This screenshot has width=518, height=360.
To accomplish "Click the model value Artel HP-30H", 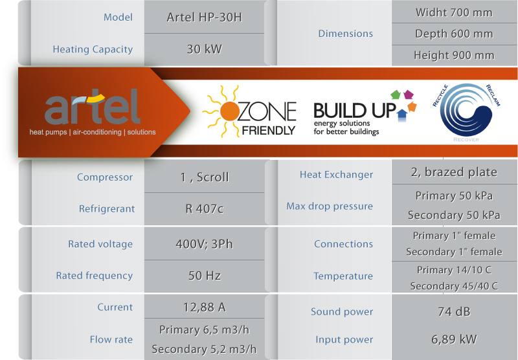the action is click(204, 17).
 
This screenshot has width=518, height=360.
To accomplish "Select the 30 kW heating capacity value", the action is click(204, 49).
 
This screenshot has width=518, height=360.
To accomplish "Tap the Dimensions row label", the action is click(346, 34).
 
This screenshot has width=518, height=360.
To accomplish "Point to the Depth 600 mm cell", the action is click(454, 34).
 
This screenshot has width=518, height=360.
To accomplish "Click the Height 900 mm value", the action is click(454, 55).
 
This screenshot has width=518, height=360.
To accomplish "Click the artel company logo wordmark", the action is click(93, 107).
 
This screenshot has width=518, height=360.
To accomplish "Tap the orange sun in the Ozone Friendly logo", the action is click(229, 111).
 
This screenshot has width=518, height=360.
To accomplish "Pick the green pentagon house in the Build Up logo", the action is click(396, 95).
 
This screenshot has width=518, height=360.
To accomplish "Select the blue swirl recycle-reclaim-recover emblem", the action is click(466, 110).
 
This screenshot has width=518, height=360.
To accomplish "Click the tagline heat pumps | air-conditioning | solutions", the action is click(93, 132).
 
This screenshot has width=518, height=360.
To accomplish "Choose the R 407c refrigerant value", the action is click(204, 208).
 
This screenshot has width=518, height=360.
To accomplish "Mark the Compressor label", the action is click(105, 177).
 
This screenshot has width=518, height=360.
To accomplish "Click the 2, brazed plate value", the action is click(454, 172).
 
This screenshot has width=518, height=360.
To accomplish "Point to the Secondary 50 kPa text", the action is click(454, 216).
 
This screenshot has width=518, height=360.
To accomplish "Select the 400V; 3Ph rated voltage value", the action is click(204, 244).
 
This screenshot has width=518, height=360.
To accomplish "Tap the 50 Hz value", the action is click(204, 275).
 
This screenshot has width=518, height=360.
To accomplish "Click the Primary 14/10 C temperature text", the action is click(454, 270).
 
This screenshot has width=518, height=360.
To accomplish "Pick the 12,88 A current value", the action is click(204, 308).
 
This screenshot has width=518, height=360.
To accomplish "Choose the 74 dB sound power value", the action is click(454, 312).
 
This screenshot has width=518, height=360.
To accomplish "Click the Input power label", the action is click(344, 339).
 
